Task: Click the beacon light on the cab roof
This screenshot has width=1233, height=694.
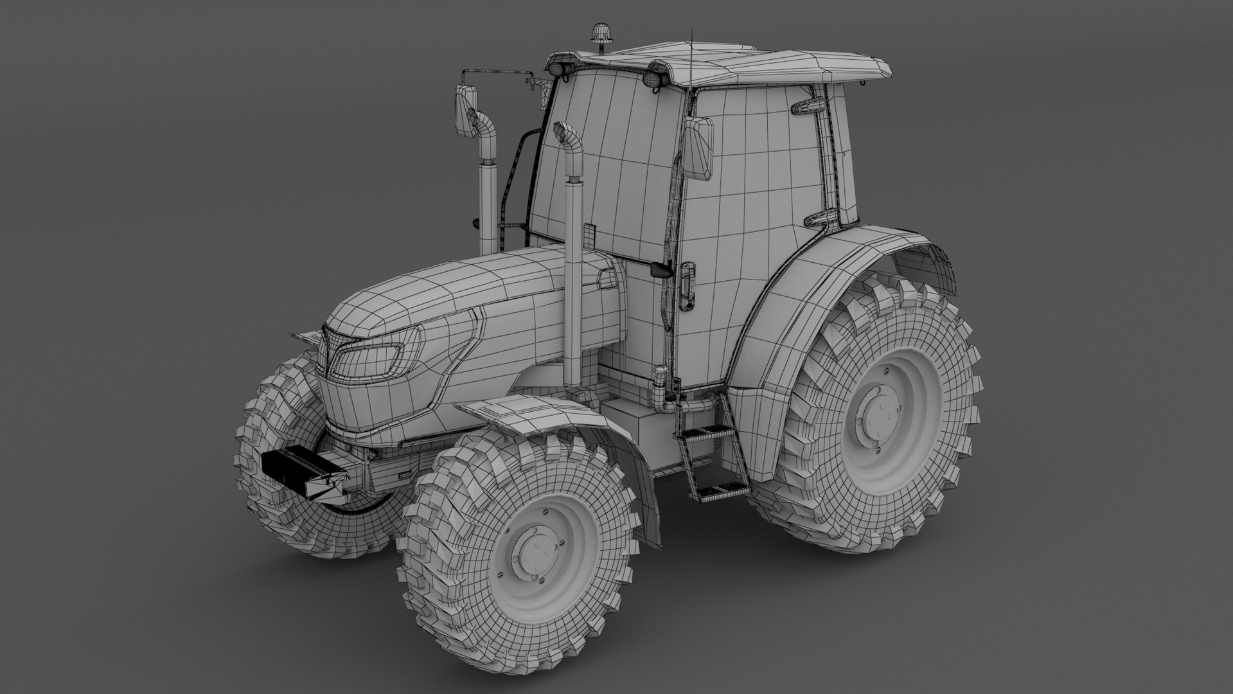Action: pos(601,33)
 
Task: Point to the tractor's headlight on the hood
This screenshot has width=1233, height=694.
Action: pos(370,360)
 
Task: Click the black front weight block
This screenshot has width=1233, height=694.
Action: pos(302,467)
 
